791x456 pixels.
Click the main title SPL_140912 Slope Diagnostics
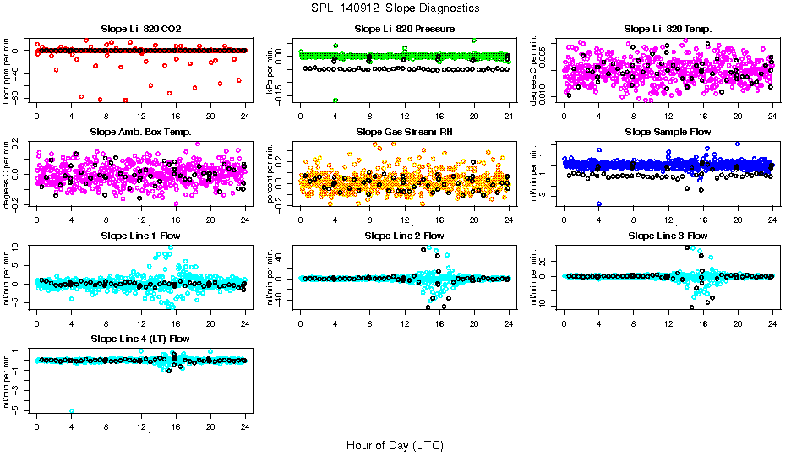(395, 8)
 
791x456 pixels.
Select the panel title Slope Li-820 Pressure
(404, 29)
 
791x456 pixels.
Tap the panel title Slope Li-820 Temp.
(668, 29)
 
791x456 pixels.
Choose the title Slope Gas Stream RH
(404, 132)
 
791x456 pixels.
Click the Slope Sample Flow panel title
(668, 132)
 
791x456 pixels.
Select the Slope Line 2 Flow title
(404, 235)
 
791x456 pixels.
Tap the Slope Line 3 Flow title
(668, 235)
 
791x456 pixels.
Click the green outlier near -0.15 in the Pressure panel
(335, 100)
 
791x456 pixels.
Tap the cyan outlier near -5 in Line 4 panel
(72, 410)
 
